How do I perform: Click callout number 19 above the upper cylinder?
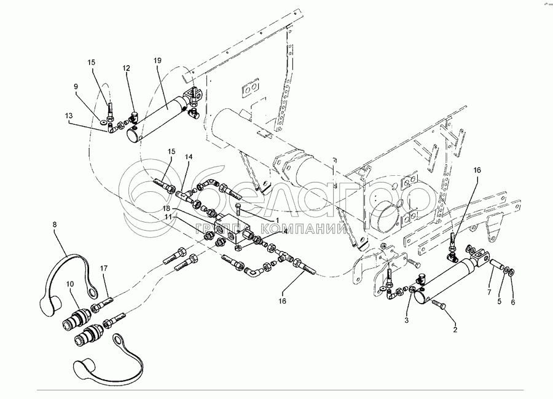point(157,60)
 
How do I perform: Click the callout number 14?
point(189,157)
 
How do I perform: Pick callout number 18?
point(166,210)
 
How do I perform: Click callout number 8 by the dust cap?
point(54,225)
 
